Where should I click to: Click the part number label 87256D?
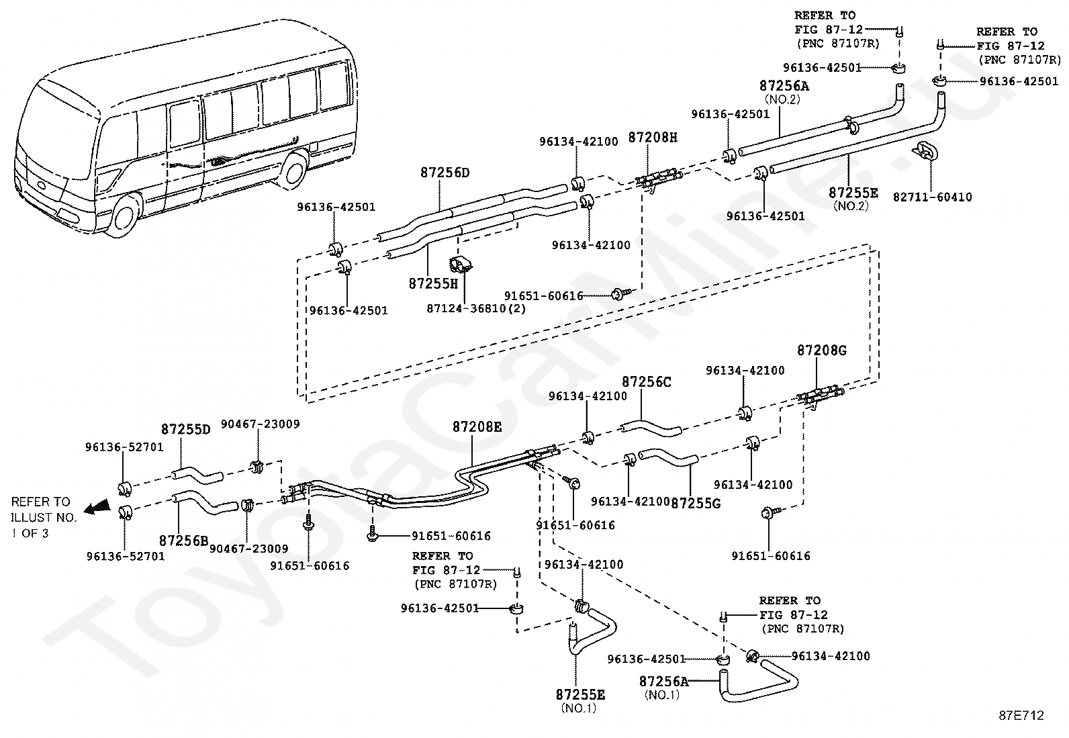(445, 173)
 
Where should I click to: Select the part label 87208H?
(653, 138)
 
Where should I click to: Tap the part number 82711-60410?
(932, 197)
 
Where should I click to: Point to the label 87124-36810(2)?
(477, 309)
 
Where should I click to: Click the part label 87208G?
(822, 351)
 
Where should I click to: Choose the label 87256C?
(646, 382)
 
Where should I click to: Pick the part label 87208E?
(477, 427)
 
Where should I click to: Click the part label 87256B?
(183, 540)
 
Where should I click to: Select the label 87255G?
(696, 502)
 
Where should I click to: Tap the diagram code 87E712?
(1021, 716)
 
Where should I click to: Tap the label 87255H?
(432, 284)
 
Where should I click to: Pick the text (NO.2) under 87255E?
(851, 207)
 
